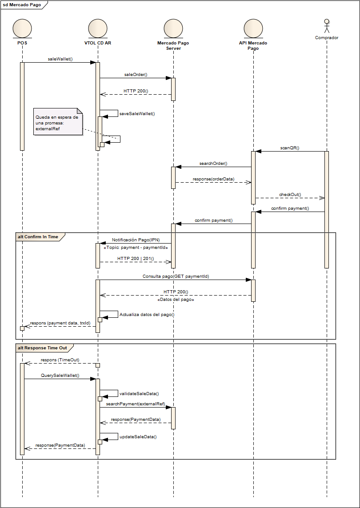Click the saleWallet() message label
point(60,59)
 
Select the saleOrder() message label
point(135,75)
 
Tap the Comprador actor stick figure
point(327,26)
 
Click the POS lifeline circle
point(22,28)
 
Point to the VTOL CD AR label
point(97,43)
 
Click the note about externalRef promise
point(58,123)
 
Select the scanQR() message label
point(289,148)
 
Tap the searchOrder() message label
point(213,164)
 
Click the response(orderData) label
point(213,179)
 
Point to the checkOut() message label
point(290,195)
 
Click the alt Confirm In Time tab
point(38,237)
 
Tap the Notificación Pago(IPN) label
point(136,240)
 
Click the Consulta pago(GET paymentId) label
point(176,276)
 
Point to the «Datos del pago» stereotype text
point(176,300)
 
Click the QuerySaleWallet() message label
point(60,376)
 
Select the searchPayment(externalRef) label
point(136,404)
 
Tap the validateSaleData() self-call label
point(139,394)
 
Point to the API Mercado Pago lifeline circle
point(253,28)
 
